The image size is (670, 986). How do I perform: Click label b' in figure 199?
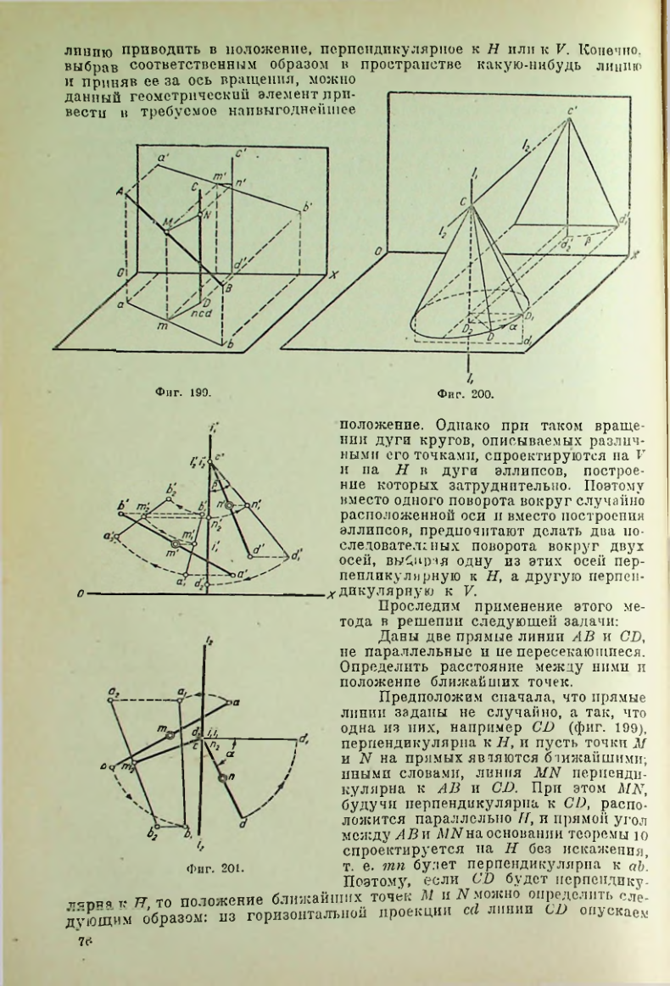coord(307,206)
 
